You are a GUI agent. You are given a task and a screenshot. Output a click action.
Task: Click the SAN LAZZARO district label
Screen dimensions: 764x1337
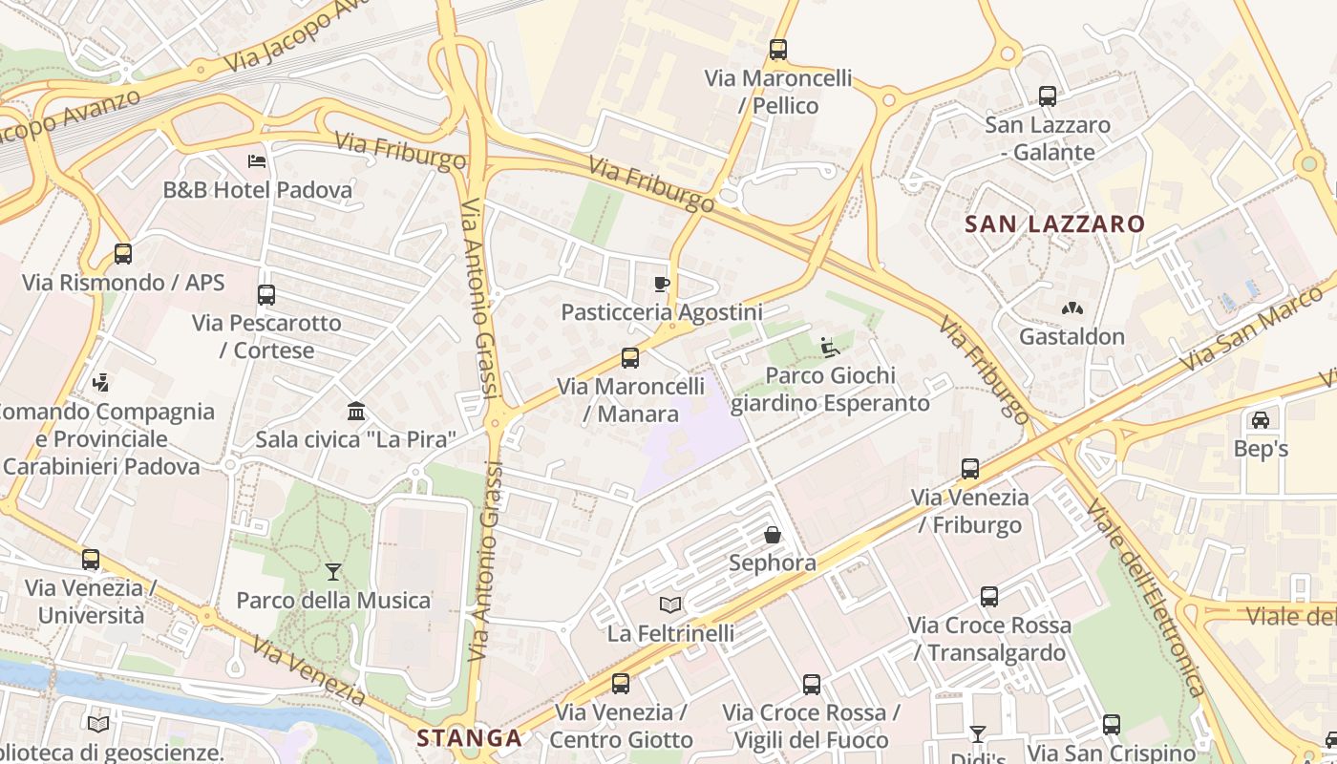pyautogui.click(x=1054, y=224)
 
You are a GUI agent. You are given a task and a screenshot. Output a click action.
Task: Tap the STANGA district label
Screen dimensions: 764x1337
pyautogui.click(x=469, y=738)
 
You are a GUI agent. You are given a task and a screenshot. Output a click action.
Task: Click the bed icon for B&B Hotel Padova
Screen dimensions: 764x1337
pyautogui.click(x=257, y=160)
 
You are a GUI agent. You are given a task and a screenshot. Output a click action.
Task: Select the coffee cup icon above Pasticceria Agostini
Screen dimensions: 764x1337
pyautogui.click(x=661, y=284)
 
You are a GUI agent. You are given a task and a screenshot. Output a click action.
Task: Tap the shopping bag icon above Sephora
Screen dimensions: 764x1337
pyautogui.click(x=773, y=535)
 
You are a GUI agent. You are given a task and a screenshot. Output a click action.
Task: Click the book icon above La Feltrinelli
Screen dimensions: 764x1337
pyautogui.click(x=670, y=605)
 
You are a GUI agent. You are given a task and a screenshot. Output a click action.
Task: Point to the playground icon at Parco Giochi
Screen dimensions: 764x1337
pyautogui.click(x=829, y=348)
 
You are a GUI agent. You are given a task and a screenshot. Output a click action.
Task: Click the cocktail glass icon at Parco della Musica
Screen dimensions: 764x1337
pyautogui.click(x=332, y=572)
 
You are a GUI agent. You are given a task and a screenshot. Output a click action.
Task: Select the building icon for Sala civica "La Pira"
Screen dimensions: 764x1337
pyautogui.click(x=356, y=412)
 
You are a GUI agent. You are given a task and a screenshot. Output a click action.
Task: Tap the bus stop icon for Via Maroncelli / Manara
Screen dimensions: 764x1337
pyautogui.click(x=630, y=358)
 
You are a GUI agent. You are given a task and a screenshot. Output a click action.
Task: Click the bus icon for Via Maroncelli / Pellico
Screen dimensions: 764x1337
pyautogui.click(x=778, y=49)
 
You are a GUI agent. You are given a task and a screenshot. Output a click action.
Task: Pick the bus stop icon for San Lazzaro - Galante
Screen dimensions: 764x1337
pyautogui.click(x=1048, y=96)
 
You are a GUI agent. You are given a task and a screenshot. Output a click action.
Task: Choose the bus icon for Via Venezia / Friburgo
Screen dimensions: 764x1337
pyautogui.click(x=970, y=469)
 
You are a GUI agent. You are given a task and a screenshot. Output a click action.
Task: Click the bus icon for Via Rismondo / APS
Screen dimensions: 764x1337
pyautogui.click(x=123, y=254)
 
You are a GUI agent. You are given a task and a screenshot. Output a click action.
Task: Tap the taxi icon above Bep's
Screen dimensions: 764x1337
pyautogui.click(x=1261, y=420)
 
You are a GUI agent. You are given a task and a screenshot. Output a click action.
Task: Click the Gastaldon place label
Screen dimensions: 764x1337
pyautogui.click(x=1072, y=336)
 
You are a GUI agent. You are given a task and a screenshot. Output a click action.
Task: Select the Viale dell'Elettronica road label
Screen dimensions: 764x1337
pyautogui.click(x=1145, y=598)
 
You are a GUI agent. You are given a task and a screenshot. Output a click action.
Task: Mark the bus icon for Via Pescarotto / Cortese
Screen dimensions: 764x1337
pyautogui.click(x=266, y=295)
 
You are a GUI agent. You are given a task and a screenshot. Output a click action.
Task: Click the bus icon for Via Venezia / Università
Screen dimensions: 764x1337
pyautogui.click(x=91, y=560)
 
